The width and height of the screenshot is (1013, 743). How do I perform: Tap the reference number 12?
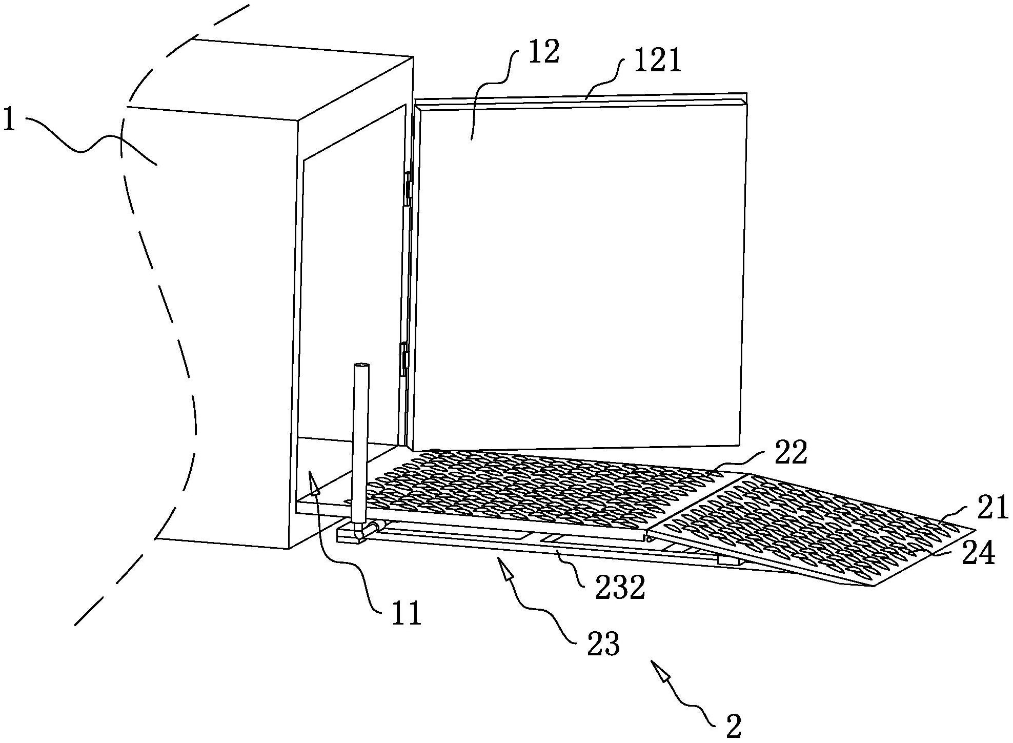(544, 53)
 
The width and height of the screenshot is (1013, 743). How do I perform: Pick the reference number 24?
(977, 553)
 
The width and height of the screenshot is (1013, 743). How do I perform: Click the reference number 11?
(407, 613)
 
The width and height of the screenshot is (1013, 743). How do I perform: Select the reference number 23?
(604, 644)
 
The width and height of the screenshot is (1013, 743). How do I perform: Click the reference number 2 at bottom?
(734, 725)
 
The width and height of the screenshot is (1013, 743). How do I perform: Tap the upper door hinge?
(409, 188)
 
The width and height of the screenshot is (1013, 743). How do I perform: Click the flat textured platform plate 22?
(513, 487)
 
